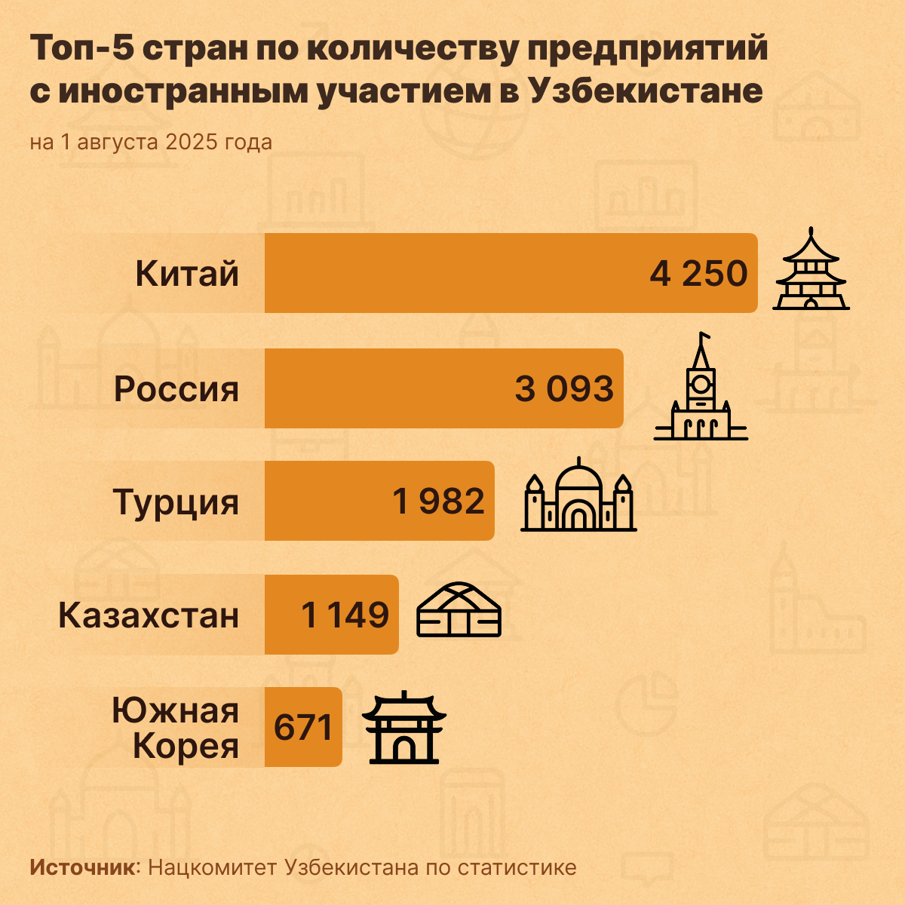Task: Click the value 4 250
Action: click(698, 274)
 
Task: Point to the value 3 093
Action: click(564, 389)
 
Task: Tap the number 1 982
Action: click(439, 502)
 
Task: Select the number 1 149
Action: click(345, 615)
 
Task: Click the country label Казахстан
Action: click(149, 615)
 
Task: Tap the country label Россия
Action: click(176, 389)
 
